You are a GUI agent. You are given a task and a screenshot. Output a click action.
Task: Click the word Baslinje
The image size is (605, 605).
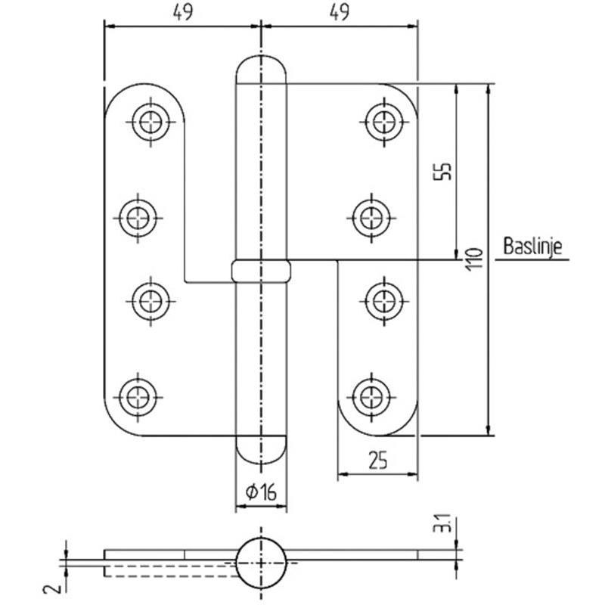tap(532, 247)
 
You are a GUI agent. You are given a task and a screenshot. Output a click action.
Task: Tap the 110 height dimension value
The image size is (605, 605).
tap(475, 259)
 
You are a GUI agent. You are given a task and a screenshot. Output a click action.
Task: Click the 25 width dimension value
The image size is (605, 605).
tap(377, 460)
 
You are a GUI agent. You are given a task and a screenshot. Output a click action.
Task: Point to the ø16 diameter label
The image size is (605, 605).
tap(261, 492)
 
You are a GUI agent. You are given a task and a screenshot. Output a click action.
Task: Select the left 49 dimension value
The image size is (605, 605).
tap(182, 13)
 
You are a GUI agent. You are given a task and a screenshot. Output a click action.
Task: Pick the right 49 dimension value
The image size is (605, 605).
tap(339, 13)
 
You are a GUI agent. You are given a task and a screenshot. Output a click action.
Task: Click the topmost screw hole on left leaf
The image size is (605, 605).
tap(150, 122)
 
